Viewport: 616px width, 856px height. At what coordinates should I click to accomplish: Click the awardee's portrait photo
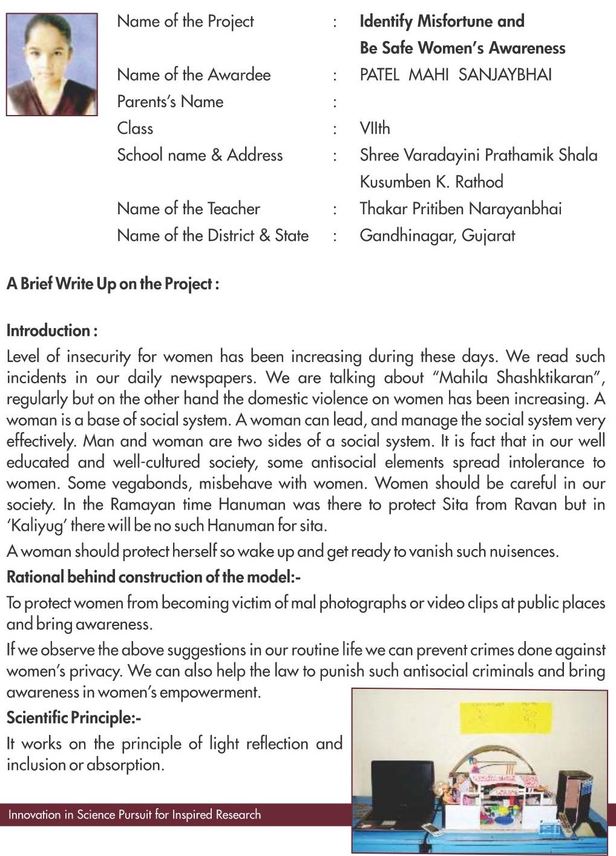pyautogui.click(x=51, y=64)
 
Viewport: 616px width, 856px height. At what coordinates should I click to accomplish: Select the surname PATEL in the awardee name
pyautogui.click(x=379, y=75)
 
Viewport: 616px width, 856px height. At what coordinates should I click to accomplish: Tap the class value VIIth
pyautogui.click(x=375, y=128)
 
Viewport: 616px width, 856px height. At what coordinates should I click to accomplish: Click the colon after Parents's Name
pyautogui.click(x=335, y=102)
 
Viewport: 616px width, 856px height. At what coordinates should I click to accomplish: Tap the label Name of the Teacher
pyautogui.click(x=188, y=209)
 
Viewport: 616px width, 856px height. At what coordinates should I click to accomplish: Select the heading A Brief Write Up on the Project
pyautogui.click(x=113, y=284)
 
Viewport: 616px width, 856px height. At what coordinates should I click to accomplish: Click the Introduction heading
pyautogui.click(x=51, y=331)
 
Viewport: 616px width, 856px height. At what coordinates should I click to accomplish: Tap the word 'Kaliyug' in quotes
pyautogui.click(x=36, y=525)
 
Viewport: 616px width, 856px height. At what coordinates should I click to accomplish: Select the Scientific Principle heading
pyautogui.click(x=73, y=718)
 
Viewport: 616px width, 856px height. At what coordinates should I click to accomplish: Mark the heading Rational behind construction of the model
pyautogui.click(x=153, y=577)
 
